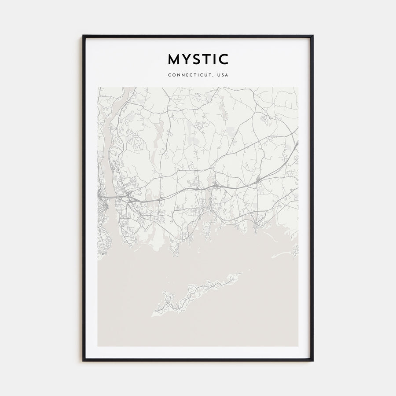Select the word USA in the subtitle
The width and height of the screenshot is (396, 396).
tap(223, 75)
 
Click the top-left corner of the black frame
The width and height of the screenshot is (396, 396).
tap(83, 36)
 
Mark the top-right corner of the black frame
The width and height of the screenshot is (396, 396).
tap(312, 36)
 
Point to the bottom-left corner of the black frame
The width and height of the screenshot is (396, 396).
tap(83, 360)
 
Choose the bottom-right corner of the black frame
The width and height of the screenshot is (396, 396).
tap(312, 360)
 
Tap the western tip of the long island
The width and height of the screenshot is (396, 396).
tap(153, 315)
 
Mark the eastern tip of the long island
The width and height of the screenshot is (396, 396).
tap(241, 274)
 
